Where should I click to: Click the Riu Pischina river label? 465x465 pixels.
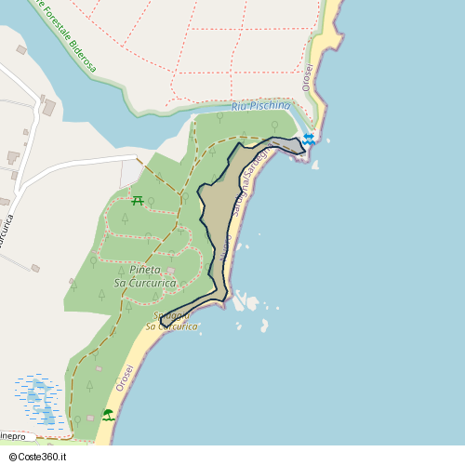260,107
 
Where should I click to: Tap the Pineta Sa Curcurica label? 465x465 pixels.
144,276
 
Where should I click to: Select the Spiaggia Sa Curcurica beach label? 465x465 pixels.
172,321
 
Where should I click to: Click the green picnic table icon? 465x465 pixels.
138,200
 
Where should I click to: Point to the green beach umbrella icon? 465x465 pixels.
108,414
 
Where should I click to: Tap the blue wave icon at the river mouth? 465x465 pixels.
309,139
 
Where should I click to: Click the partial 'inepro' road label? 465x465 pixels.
13,435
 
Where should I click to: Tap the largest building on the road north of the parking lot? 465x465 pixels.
47,108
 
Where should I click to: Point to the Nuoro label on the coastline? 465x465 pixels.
227,246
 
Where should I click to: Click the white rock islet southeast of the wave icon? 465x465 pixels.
315,166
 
